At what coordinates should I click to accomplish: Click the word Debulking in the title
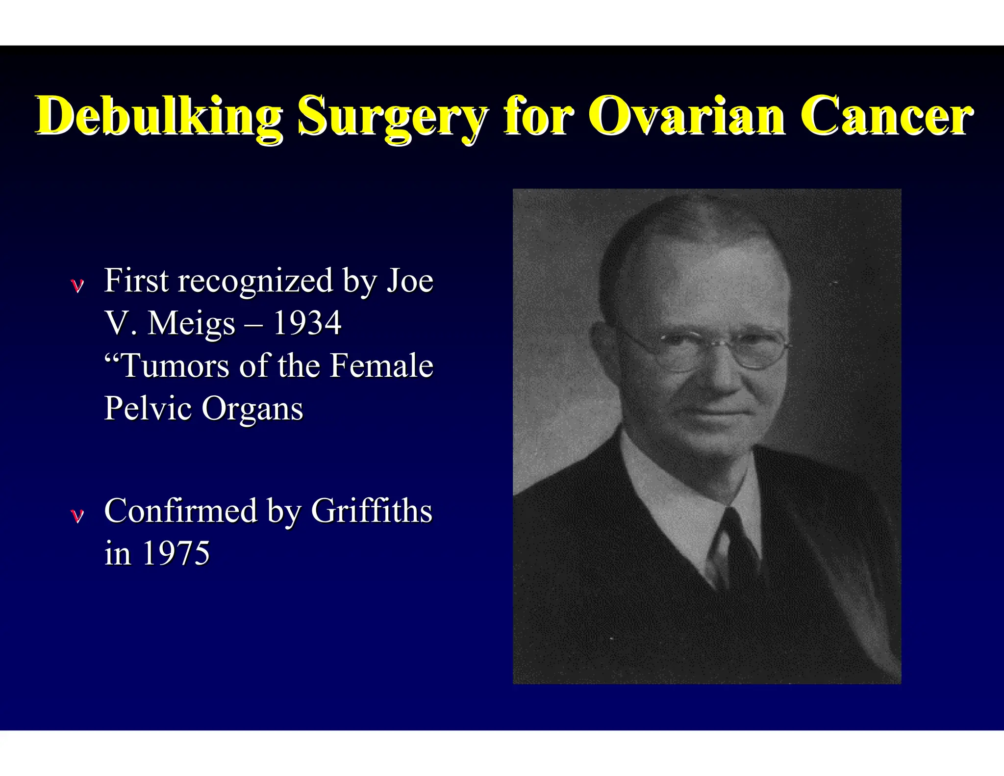pyautogui.click(x=159, y=117)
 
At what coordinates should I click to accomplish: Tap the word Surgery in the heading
pyautogui.click(x=393, y=117)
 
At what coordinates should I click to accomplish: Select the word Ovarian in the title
pyautogui.click(x=686, y=116)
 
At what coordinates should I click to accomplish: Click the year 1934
pyautogui.click(x=307, y=323)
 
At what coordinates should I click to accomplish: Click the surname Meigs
pyautogui.click(x=192, y=324)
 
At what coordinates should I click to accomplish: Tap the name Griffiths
pyautogui.click(x=372, y=511)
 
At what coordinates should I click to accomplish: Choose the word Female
pyautogui.click(x=381, y=366)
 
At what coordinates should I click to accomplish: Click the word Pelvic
pyautogui.click(x=148, y=408)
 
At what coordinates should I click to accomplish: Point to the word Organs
pyautogui.click(x=252, y=409)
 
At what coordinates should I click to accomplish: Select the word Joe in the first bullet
pyautogui.click(x=410, y=281)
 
